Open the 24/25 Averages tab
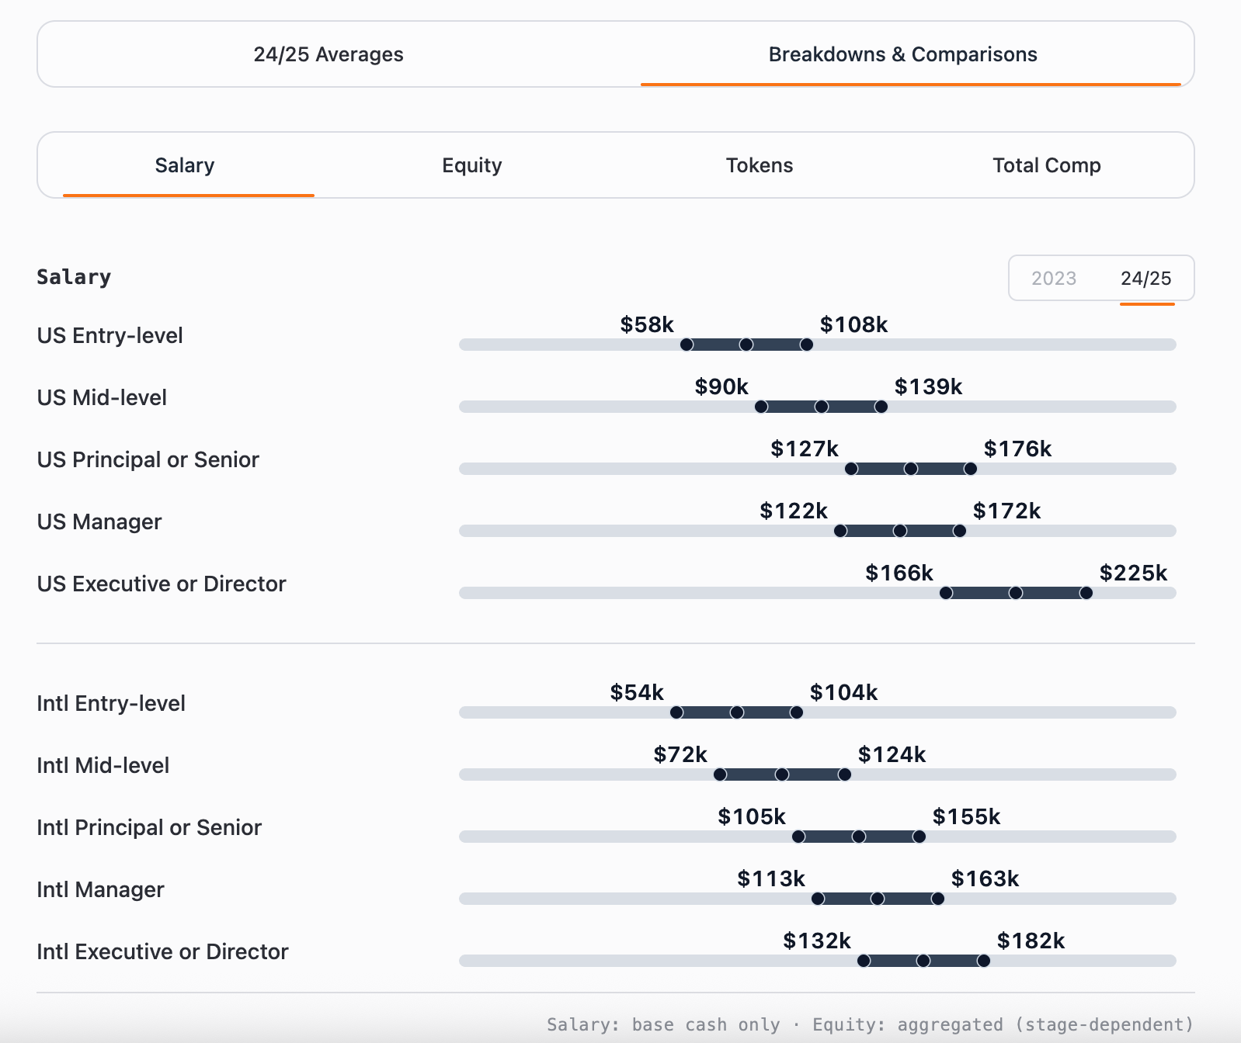tap(328, 54)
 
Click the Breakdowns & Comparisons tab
tap(902, 54)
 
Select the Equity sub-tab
tap(471, 165)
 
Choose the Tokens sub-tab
tap(759, 165)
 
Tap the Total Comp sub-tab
tap(1046, 165)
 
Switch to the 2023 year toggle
tap(1053, 279)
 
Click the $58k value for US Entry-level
tap(646, 324)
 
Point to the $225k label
tap(1132, 573)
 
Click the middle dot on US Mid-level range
tap(821, 407)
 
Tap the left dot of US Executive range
tap(946, 593)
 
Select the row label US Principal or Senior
tap(148, 459)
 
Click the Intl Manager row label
tap(100, 889)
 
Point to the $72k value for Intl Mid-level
tap(680, 754)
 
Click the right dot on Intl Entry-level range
tap(797, 712)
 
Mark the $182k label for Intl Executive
tap(1030, 941)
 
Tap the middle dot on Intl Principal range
tap(858, 837)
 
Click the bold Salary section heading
tap(74, 277)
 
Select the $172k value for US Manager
tap(1006, 511)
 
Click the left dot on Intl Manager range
tap(818, 899)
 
